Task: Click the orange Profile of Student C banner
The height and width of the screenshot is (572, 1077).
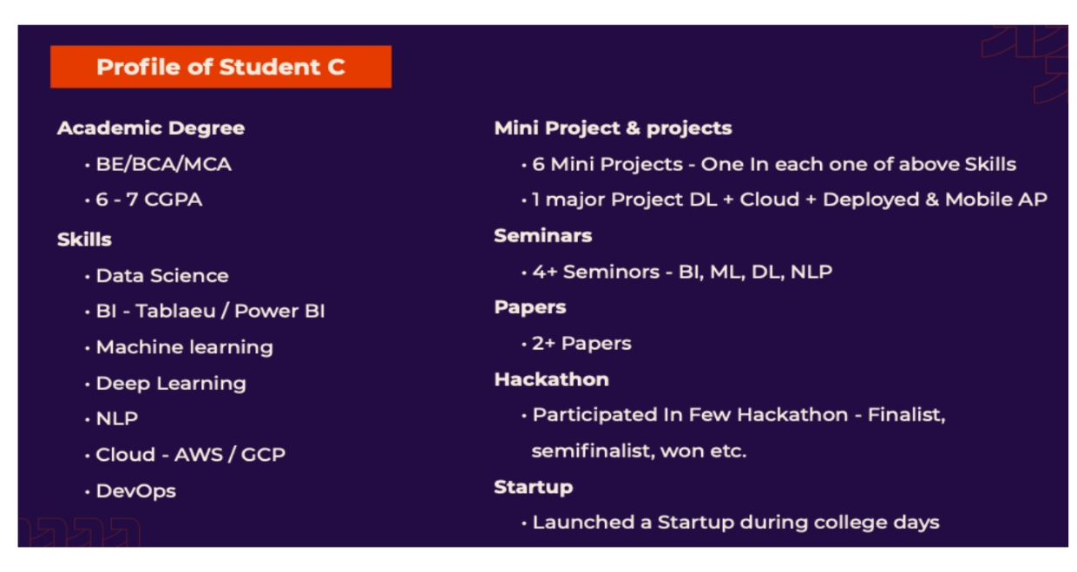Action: point(220,67)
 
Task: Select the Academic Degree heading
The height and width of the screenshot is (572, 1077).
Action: point(151,128)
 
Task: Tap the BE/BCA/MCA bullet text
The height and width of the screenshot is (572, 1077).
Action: point(163,165)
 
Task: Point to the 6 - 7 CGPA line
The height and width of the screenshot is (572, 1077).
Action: point(148,200)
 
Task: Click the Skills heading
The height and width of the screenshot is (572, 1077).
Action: point(84,240)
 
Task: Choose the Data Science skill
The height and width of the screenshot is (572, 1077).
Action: point(162,276)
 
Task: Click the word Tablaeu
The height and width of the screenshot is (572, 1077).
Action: point(175,312)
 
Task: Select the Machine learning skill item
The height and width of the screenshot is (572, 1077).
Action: point(185,347)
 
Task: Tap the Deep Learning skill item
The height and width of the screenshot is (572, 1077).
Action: point(171,384)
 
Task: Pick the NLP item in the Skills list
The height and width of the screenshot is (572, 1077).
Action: point(117,418)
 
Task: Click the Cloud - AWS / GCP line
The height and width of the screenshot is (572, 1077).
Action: point(190,455)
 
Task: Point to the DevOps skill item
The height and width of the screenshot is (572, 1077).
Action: point(136,491)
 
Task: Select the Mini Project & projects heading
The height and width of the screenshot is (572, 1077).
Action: point(613,128)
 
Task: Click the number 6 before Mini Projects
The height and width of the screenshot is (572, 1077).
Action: point(538,165)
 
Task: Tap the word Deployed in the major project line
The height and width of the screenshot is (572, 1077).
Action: point(870,200)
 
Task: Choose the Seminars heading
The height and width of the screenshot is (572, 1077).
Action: point(542,236)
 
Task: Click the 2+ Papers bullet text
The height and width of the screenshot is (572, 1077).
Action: point(581,344)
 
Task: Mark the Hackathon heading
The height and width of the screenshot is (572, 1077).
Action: point(551,379)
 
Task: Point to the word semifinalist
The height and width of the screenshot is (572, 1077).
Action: point(593,450)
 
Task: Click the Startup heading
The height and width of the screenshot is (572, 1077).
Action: point(534,487)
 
